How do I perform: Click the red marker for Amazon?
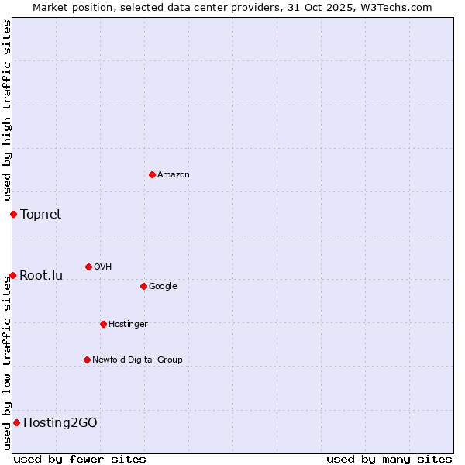pos(152,174)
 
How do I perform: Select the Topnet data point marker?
pos(13,214)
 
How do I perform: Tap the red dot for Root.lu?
pos(12,275)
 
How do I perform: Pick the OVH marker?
pos(88,267)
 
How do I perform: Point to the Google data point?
pos(143,286)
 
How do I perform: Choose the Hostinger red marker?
pos(103,324)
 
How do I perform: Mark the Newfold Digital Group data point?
pos(87,360)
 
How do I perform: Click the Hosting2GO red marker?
pos(16,422)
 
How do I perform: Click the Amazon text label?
pos(174,175)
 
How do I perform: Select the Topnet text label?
pos(40,214)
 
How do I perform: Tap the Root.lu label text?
pos(41,275)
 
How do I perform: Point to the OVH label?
pos(103,267)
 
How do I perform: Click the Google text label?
pos(163,287)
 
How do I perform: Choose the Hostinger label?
pos(128,325)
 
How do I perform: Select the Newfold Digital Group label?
pos(137,360)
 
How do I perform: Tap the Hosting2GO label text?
pos(60,422)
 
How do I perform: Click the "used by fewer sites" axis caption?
pos(80,459)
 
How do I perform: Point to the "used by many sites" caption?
pos(389,459)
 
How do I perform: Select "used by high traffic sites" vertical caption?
pos(7,111)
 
